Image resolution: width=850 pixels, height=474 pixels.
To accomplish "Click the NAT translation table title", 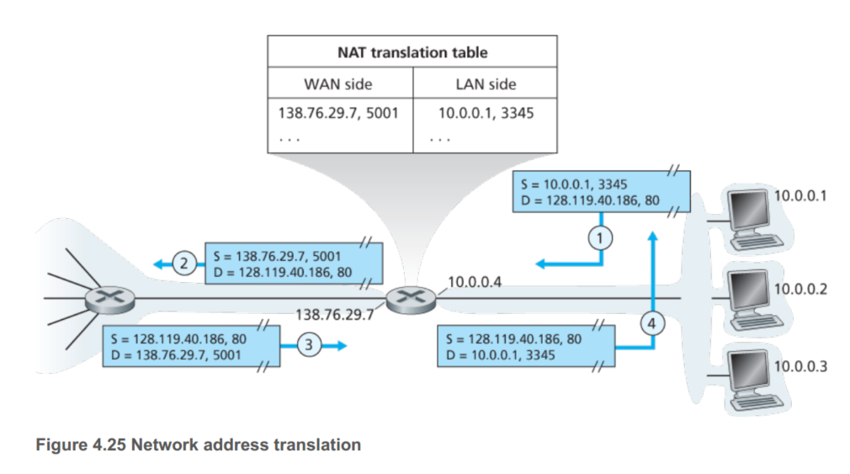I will [x=412, y=52].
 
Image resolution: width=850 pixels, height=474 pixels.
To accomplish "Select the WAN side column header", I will [x=337, y=84].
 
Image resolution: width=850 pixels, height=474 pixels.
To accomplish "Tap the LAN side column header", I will [x=485, y=84].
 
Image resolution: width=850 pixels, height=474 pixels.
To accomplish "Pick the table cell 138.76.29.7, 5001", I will [x=338, y=112].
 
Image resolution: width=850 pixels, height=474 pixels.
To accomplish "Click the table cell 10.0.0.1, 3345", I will [x=486, y=112].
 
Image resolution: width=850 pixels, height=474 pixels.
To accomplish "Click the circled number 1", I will [x=599, y=237].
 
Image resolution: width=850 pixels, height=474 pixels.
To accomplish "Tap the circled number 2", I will [x=185, y=264].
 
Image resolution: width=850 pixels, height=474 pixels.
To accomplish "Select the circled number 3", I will [x=311, y=345].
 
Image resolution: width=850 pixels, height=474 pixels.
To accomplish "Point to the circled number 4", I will [x=653, y=320].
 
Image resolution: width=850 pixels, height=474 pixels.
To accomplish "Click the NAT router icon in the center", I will [x=407, y=298].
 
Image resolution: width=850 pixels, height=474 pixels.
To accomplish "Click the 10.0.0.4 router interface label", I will [x=475, y=282].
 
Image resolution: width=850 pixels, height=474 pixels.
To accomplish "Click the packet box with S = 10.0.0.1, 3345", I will [x=601, y=192].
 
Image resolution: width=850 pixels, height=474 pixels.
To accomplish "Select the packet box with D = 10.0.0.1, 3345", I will [x=525, y=347].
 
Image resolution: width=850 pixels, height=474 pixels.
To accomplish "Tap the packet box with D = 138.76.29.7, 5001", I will [x=188, y=347].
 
